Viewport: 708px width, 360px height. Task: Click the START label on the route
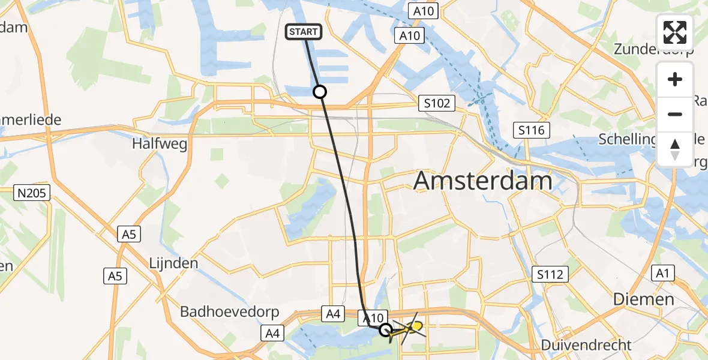coord(305,32)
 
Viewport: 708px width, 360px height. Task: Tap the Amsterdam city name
coord(483,181)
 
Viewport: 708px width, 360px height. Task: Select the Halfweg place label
coord(160,144)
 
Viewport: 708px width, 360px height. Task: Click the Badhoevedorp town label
coord(222,313)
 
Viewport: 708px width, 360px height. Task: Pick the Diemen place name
coord(644,299)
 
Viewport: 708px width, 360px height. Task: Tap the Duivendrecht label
coord(586,345)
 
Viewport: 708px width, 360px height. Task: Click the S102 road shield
coord(436,103)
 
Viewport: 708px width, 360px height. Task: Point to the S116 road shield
coord(531,130)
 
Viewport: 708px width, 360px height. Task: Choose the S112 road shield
coord(550,275)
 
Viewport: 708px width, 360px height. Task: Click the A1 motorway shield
coord(662,274)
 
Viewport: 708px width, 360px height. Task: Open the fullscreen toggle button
coord(675,32)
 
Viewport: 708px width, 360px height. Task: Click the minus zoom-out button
coord(675,114)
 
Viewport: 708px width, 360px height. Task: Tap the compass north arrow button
coord(675,149)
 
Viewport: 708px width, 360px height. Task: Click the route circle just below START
coord(320,92)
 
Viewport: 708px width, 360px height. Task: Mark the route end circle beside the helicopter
coord(386,329)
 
